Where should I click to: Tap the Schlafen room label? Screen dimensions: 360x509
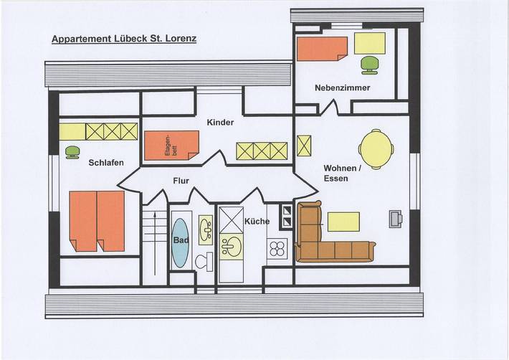click(x=106, y=163)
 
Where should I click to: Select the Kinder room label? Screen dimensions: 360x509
click(x=221, y=123)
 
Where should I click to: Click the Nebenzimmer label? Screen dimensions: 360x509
click(x=342, y=87)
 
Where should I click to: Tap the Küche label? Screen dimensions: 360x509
click(x=256, y=222)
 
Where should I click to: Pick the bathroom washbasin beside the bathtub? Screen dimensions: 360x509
click(x=206, y=231)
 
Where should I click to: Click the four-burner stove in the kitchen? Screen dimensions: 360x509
click(x=277, y=250)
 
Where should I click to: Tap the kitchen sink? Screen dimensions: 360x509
click(x=232, y=247)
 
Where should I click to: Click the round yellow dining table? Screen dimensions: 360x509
click(x=375, y=148)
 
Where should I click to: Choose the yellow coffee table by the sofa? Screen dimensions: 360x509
click(x=343, y=221)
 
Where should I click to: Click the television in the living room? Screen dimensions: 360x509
click(x=396, y=219)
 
